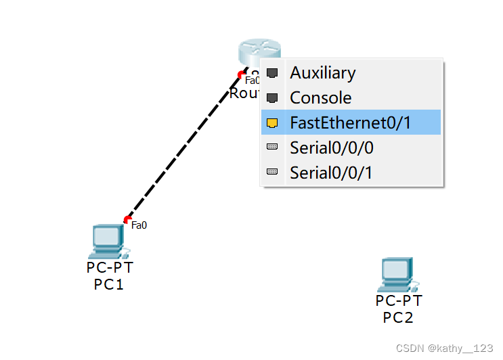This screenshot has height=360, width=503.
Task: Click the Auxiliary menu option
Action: pos(322,72)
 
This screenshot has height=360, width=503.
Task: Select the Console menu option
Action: pos(320,97)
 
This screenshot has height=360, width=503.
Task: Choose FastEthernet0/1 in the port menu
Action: pos(350,122)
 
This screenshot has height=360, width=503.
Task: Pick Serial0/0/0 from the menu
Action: pos(331,148)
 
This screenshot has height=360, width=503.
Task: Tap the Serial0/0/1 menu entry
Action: pos(331,173)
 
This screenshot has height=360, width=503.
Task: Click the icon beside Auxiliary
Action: pos(272,72)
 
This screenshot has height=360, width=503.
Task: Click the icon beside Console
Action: pos(272,97)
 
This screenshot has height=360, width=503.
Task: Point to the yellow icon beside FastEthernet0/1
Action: pos(272,122)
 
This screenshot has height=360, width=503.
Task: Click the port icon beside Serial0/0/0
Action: pos(272,147)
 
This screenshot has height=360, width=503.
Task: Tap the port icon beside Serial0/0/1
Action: pos(272,172)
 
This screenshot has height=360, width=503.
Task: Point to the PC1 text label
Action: pos(109,285)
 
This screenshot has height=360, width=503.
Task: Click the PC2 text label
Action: pos(398,318)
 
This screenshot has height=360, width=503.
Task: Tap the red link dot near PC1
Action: pos(127,219)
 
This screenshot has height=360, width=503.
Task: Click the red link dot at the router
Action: pos(241,74)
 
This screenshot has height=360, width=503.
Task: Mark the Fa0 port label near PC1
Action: pos(139,225)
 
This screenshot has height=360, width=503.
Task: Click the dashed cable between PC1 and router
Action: pos(183,147)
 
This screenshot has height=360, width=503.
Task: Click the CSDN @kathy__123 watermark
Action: pos(444,348)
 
